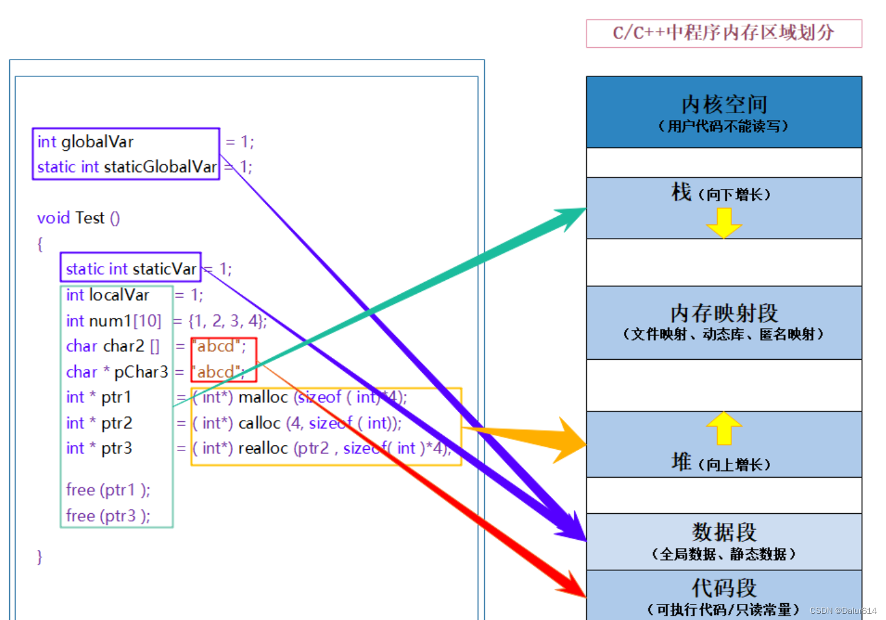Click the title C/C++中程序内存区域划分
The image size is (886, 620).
(x=723, y=33)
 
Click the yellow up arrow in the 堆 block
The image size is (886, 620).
(x=724, y=428)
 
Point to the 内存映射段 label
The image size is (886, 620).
(x=724, y=313)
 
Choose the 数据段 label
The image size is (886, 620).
(x=724, y=532)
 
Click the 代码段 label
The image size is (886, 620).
(x=724, y=588)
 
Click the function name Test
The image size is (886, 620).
(x=89, y=218)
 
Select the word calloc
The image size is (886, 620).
(x=260, y=424)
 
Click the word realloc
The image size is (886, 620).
(x=263, y=449)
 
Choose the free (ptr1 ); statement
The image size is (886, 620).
(x=108, y=490)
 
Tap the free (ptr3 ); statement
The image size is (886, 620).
(x=108, y=516)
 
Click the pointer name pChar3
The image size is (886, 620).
(x=141, y=372)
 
